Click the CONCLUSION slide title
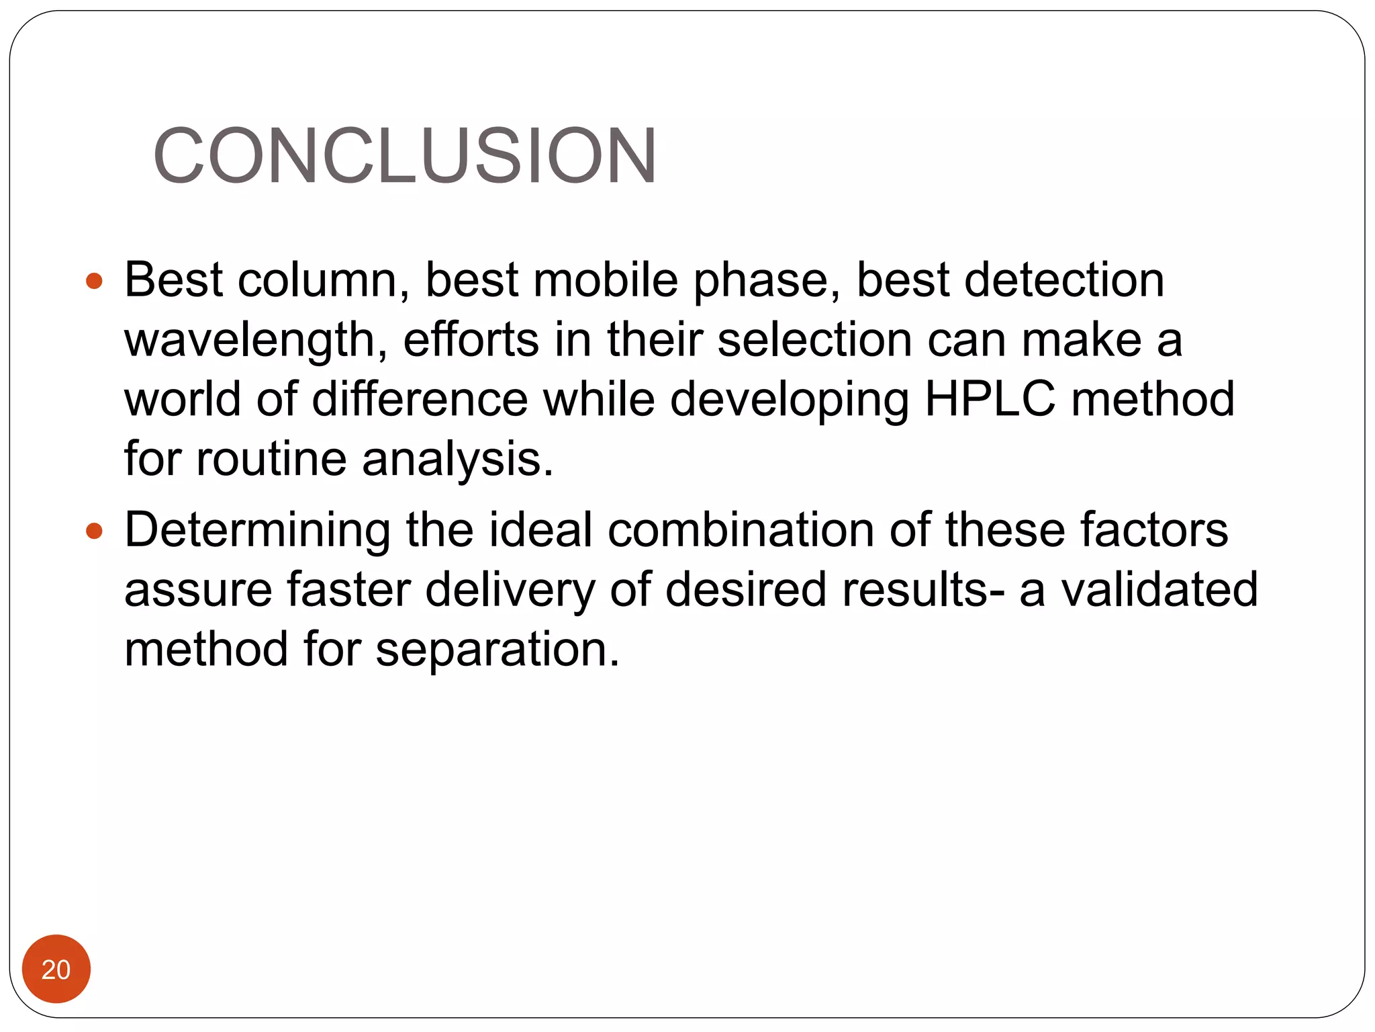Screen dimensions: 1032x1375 pos(405,156)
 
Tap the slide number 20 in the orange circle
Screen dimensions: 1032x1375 pos(56,970)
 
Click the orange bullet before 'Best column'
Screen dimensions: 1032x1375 pos(95,281)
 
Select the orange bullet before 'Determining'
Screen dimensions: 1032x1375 pos(95,531)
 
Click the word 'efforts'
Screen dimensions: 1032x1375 pos(471,339)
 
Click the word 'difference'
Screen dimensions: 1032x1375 pos(420,399)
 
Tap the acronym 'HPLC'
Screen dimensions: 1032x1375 pos(990,399)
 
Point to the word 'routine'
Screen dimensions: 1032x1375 pos(271,459)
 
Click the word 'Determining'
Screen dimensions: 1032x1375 pos(257,531)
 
